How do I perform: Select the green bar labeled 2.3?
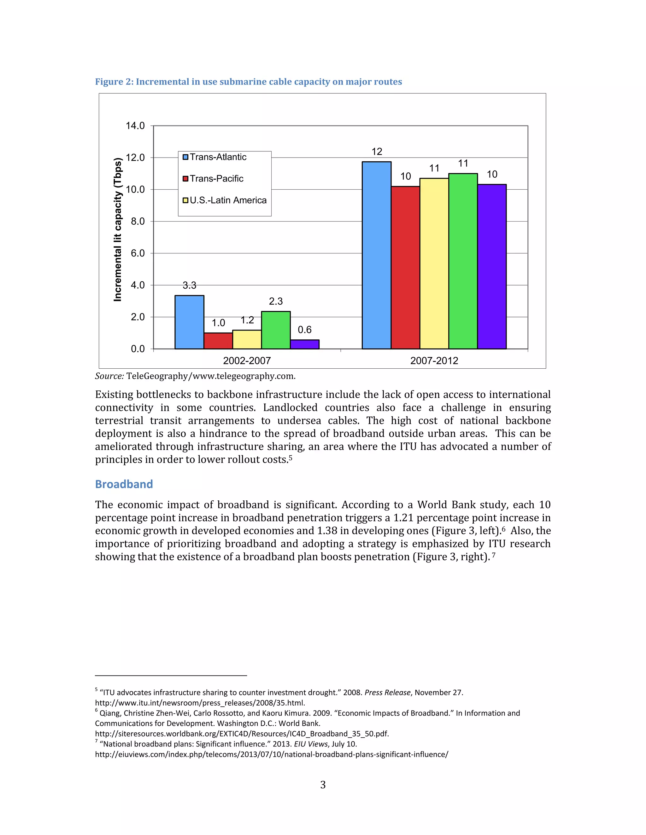(x=276, y=330)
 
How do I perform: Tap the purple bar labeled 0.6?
(x=305, y=344)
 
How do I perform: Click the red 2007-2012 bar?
(x=405, y=267)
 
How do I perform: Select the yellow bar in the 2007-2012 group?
(x=434, y=263)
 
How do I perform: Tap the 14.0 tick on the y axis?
(x=135, y=126)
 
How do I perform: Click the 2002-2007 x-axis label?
(x=247, y=360)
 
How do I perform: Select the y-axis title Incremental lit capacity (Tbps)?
(x=118, y=229)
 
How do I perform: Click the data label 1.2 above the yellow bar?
(x=247, y=320)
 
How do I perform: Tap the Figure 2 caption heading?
(x=248, y=82)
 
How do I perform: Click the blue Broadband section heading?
(x=124, y=484)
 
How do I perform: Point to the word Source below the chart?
(x=109, y=376)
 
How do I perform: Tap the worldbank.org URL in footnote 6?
(x=242, y=734)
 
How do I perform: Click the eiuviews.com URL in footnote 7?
(x=271, y=754)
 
